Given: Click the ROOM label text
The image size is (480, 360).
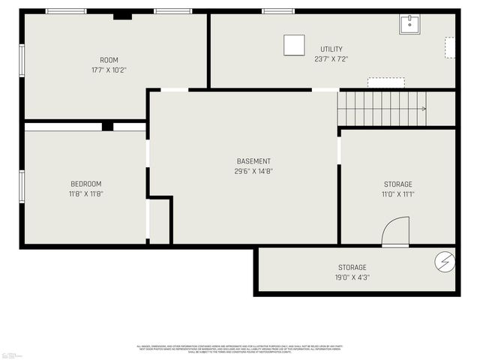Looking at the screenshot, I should [109, 60].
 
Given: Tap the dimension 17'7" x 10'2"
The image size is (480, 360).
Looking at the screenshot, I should [109, 70].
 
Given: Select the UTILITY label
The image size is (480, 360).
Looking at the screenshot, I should [331, 49].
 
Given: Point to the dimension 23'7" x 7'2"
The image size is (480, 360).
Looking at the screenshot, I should [331, 58].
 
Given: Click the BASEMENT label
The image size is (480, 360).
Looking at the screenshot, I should [253, 161].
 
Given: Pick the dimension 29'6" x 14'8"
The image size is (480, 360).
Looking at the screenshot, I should [253, 171].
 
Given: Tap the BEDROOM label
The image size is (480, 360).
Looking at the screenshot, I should [86, 184].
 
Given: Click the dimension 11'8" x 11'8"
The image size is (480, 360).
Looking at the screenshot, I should [86, 193].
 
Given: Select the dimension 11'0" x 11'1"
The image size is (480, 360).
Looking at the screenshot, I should [397, 193].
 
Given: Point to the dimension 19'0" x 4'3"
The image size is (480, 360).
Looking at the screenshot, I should [352, 277].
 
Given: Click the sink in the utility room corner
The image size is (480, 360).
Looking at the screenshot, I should [409, 24].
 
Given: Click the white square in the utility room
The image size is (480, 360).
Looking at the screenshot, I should [293, 45].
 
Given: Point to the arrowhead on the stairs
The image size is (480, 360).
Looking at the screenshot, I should [424, 109].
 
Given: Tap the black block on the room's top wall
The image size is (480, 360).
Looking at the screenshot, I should [122, 16].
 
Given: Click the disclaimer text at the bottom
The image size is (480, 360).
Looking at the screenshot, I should [239, 349].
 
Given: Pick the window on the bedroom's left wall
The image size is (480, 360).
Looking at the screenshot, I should [22, 186].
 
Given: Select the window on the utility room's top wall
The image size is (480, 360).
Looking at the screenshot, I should [277, 11].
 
